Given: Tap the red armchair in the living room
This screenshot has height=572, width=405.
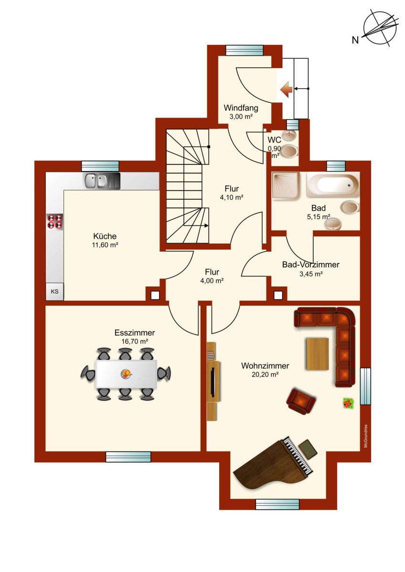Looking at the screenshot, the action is coord(301,401).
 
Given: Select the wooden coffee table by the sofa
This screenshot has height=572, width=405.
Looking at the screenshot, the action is coord(317,354).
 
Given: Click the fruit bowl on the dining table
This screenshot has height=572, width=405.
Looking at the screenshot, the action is coord(126,374).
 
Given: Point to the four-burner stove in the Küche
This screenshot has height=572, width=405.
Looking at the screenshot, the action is coord(55,221).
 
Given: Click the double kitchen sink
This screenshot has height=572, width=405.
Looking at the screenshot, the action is coord(102,181).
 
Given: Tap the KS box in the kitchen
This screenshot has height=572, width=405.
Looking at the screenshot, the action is coord(54,291).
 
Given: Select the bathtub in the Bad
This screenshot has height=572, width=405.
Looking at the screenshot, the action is coord(333,185).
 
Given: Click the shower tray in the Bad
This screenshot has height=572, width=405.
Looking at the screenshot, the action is coord(286,185).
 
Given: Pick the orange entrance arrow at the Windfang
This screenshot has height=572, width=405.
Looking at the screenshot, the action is coord(286,90).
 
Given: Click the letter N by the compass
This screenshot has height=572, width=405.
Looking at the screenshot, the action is coord(355,40).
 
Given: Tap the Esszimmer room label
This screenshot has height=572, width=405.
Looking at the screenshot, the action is coord(135,333).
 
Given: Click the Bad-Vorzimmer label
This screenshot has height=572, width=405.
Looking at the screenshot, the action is coord(310,265).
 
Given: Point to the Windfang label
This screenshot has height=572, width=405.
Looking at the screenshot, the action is coord(241,108).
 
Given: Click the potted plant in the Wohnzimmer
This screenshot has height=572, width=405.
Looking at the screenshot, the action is coord(349,403).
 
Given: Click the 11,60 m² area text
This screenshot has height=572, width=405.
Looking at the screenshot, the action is coord(105,245).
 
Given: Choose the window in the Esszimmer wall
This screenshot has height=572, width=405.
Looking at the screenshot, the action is coord(128,457).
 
